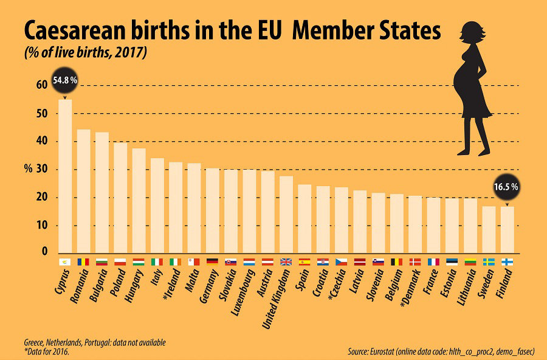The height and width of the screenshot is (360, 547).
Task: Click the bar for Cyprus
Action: [x=65, y=176]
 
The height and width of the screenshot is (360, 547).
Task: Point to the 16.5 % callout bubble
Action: [x=506, y=187]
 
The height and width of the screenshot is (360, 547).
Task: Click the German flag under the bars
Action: [x=213, y=262]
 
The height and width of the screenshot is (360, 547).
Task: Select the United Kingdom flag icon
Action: [x=286, y=262]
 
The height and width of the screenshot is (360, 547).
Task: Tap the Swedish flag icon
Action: [x=489, y=262]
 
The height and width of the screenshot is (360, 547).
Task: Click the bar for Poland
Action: [x=120, y=198]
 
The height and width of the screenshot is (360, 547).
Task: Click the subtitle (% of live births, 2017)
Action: [x=86, y=53]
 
